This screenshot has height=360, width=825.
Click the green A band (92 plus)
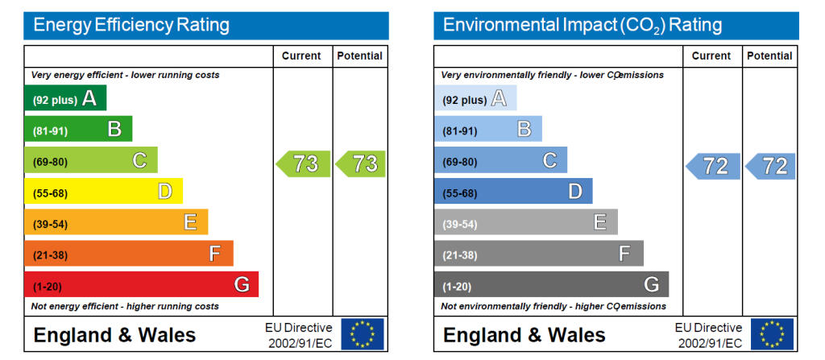pyautogui.click(x=64, y=99)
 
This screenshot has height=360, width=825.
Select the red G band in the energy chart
pyautogui.click(x=141, y=285)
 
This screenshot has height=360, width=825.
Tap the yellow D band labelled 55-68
pyautogui.click(x=103, y=192)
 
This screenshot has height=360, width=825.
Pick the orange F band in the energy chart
pyautogui.click(x=128, y=254)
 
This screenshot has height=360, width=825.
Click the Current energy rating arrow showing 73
pyautogui.click(x=304, y=163)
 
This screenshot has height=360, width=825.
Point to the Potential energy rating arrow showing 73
pyautogui.click(x=362, y=163)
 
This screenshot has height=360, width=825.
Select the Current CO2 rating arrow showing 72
pyautogui.click(x=713, y=167)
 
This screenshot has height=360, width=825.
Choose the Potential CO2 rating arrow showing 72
pyautogui.click(x=772, y=167)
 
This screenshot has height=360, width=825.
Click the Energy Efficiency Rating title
pyautogui.click(x=131, y=25)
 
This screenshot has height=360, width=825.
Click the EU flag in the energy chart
pyautogui.click(x=362, y=334)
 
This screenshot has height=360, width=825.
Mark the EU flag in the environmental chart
pyautogui.click(x=772, y=334)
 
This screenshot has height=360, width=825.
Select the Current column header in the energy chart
pyautogui.click(x=301, y=56)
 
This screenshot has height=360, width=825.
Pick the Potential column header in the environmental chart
pyautogui.click(x=769, y=56)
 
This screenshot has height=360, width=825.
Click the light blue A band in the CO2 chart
pyautogui.click(x=475, y=99)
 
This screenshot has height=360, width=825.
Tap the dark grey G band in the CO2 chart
pyautogui.click(x=551, y=285)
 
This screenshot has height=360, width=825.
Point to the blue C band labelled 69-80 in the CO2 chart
pyautogui.click(x=500, y=161)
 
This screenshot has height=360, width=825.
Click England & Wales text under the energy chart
pyautogui.click(x=114, y=335)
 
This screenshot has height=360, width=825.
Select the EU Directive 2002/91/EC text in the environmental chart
pyautogui.click(x=708, y=335)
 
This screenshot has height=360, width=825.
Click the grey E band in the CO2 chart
pyautogui.click(x=525, y=223)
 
